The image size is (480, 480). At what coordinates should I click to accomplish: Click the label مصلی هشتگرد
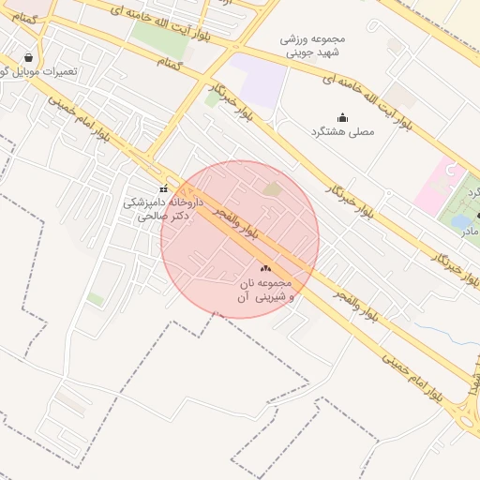pyautogui.click(x=342, y=132)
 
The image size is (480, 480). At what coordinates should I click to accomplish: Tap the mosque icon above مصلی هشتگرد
pyautogui.click(x=342, y=118)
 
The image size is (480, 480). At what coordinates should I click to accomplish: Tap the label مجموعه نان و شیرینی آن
pyautogui.click(x=266, y=289)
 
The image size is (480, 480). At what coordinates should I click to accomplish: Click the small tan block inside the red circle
pyautogui.click(x=272, y=189)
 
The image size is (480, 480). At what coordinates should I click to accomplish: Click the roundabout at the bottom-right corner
pyautogui.click(x=469, y=412)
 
